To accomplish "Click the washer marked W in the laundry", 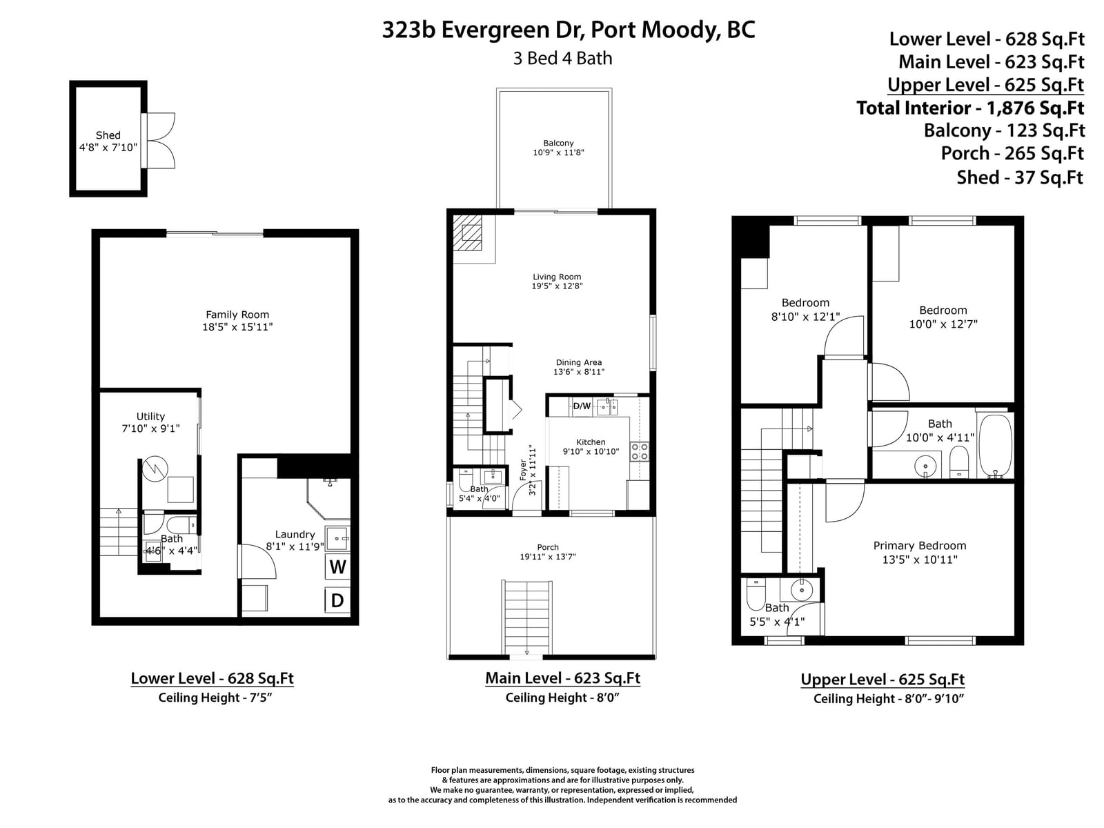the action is [337, 566].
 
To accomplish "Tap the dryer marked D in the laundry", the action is [337, 600].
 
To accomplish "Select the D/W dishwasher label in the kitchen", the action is [582, 406].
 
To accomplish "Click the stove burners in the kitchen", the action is [640, 451].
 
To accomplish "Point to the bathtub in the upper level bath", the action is [996, 446].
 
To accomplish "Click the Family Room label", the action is [237, 315].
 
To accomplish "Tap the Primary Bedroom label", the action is [919, 546].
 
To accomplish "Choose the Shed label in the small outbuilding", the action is [108, 135].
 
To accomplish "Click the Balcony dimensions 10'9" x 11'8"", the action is [558, 152].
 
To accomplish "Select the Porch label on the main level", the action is [548, 547].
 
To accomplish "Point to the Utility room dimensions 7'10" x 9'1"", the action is [150, 428].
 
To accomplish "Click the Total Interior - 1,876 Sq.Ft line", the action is [970, 108].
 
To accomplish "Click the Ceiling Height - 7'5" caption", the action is [215, 698].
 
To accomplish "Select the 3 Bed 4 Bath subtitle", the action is [562, 59].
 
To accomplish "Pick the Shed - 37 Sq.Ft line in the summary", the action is [1020, 177].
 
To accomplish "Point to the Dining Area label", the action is [578, 362].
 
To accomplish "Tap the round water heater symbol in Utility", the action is [155, 469].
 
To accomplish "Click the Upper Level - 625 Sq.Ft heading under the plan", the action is [883, 679].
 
